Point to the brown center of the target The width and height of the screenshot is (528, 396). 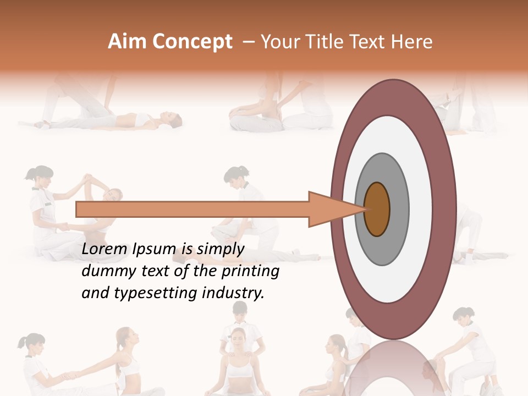[377, 209]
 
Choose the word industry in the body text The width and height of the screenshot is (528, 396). [234, 293]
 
